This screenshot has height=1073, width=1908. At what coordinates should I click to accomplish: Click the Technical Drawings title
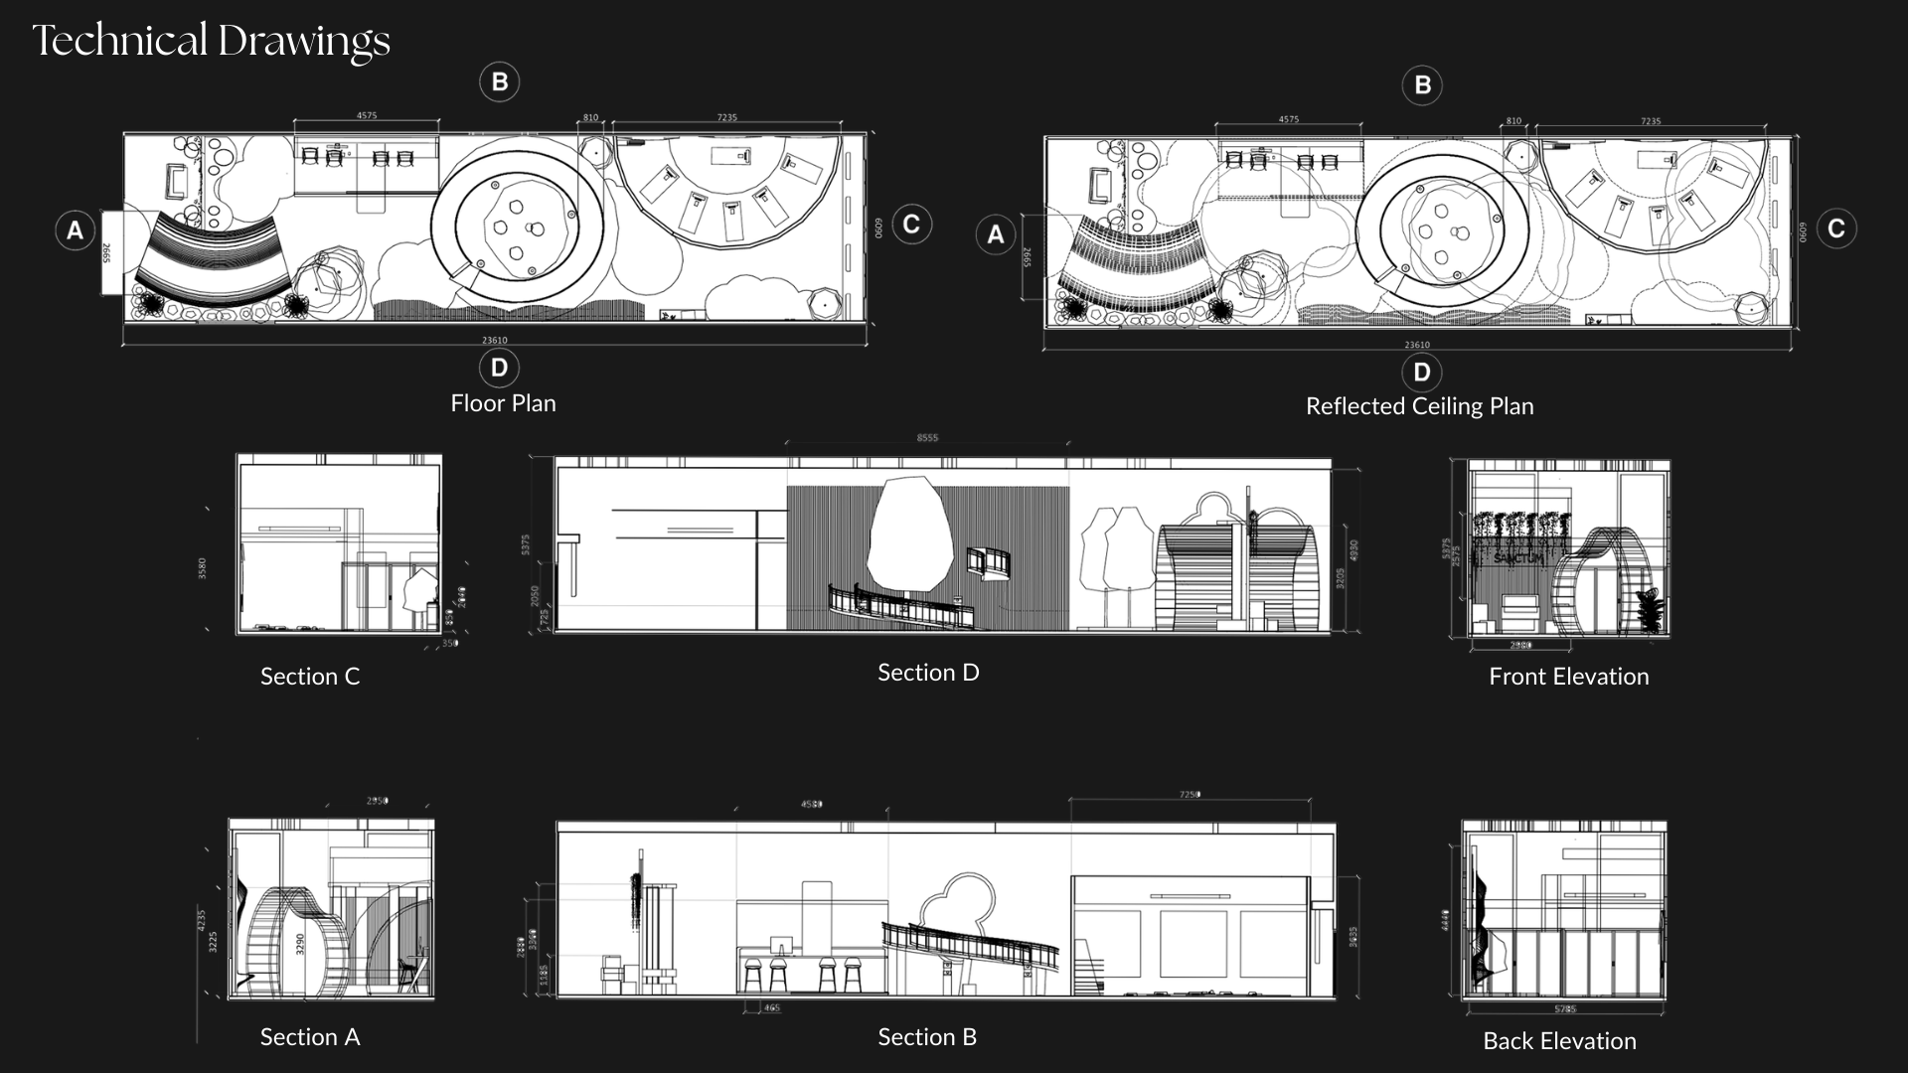[211, 41]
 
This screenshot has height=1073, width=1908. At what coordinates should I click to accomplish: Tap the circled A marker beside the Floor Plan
[75, 230]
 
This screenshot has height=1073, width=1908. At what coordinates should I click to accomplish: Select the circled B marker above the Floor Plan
[500, 81]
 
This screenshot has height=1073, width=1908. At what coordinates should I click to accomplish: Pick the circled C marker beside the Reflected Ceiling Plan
[1836, 229]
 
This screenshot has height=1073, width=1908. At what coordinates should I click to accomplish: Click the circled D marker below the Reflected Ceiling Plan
[1422, 373]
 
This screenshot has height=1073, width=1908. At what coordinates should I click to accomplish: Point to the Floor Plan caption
[503, 403]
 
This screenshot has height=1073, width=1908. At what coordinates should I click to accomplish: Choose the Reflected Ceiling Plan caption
[1419, 406]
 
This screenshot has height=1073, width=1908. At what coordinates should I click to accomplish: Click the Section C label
[309, 677]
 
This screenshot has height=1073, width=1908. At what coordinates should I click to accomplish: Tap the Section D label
[928, 673]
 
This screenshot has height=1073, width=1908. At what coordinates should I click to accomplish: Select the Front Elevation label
[1568, 677]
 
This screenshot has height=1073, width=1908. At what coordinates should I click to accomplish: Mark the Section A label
[309, 1037]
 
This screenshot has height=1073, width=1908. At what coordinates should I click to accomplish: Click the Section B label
[927, 1037]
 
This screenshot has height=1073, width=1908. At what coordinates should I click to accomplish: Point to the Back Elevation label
[1559, 1041]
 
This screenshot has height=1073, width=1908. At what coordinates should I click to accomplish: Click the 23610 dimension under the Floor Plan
[495, 340]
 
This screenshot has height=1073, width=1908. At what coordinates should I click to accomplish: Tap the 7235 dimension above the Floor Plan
[727, 117]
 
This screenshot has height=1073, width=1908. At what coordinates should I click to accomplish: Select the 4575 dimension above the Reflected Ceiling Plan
[1289, 119]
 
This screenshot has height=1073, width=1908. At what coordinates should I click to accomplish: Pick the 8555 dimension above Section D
[927, 437]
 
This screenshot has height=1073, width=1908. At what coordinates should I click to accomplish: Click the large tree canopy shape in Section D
[909, 536]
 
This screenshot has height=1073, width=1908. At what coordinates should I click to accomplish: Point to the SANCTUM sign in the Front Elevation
[1519, 558]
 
